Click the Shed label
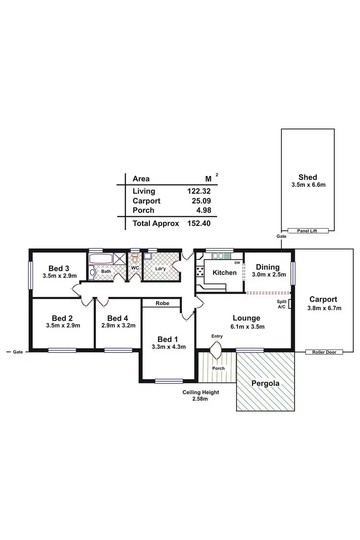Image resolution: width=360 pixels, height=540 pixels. tap(308, 177)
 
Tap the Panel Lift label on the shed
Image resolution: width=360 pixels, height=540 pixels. tap(308, 231)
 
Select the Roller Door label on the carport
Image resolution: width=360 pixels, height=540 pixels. tap(324, 352)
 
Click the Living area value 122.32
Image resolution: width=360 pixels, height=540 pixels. tap(199, 191)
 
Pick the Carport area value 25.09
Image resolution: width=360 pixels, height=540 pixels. tap(202, 201)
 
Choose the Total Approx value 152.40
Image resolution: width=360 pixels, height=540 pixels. tap(199, 223)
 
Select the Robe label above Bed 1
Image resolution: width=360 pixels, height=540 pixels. tap(161, 303)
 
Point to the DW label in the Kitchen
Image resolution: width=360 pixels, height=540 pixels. tap(237, 263)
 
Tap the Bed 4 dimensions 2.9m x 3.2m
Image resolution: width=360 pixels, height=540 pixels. tap(118, 325)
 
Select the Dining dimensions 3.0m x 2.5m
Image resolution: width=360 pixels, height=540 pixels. tap(269, 275)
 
